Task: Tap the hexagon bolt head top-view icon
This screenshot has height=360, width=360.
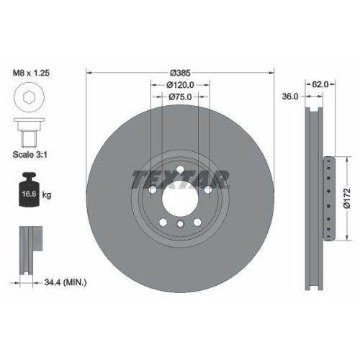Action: click(x=28, y=98)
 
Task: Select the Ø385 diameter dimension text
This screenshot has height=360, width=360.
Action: click(x=180, y=73)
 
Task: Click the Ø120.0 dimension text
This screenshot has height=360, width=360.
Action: click(x=181, y=85)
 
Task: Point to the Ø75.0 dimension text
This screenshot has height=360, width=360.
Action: click(x=180, y=98)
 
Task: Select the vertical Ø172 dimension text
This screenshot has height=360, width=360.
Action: click(x=347, y=195)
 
